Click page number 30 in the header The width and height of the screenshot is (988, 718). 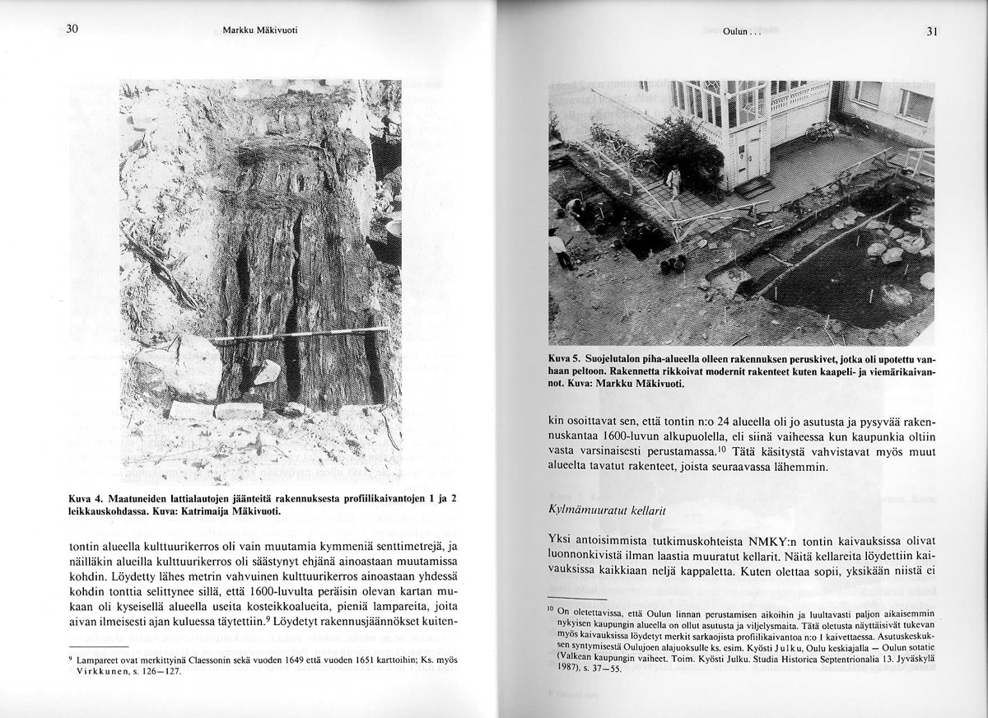(72, 30)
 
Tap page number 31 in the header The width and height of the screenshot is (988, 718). (932, 31)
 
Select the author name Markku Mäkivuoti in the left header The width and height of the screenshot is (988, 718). (259, 30)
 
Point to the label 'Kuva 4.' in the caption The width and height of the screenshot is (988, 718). (86, 500)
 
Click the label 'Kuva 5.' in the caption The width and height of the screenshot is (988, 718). (566, 359)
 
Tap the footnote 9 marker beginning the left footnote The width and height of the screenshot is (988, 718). (71, 659)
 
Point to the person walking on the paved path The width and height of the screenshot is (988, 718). (673, 183)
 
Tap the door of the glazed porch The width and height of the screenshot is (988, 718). (753, 156)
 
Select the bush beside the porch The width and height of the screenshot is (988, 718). (684, 148)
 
